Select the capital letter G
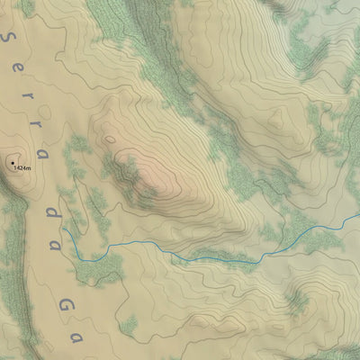[x=65, y=305]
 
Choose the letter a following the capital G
[x=76, y=337]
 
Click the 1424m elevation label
[x=22, y=168]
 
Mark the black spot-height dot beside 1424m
[x=12, y=163]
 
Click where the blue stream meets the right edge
[x=358, y=218]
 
